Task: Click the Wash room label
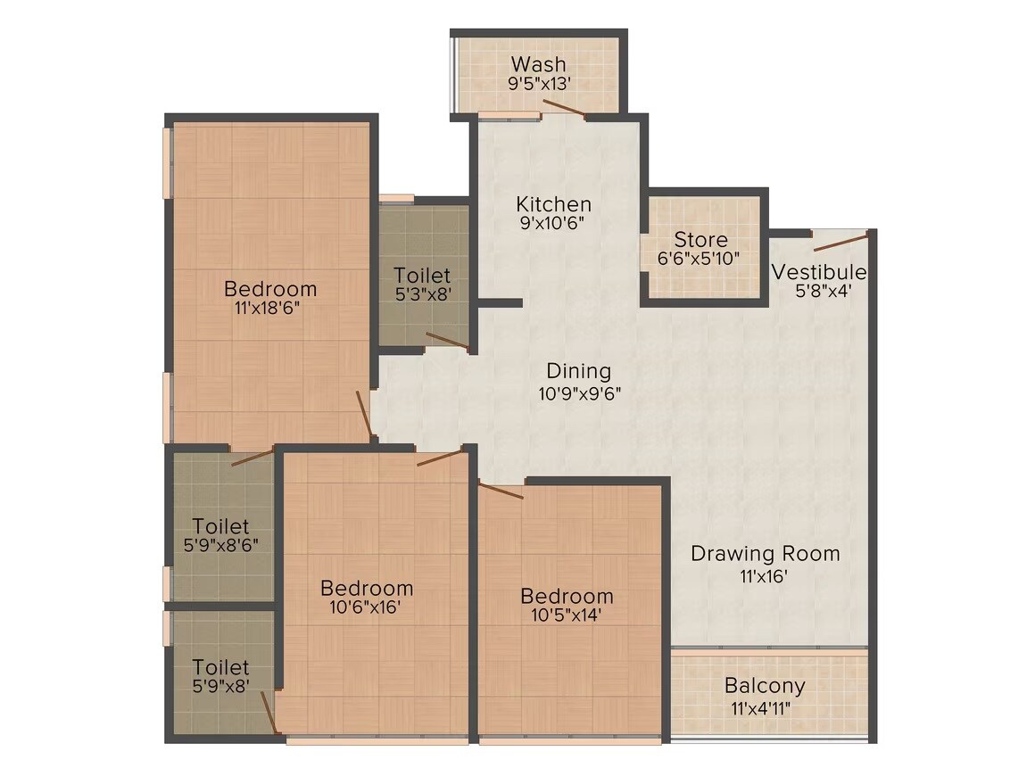coord(538,64)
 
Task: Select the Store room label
coord(700,239)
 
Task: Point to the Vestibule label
coord(818,271)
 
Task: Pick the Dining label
coord(578,370)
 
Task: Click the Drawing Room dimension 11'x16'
coord(765,576)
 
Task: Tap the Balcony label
coord(764,686)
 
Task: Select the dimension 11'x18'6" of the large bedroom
coord(270,308)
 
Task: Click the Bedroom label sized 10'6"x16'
coord(367,588)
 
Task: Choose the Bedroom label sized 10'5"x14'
coord(567,596)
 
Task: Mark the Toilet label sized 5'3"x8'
coord(422,275)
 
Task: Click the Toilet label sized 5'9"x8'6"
coord(220,526)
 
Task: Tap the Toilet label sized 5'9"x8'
coord(220,666)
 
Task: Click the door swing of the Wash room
coord(564,109)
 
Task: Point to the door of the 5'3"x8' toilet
coord(448,340)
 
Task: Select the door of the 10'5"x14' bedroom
coord(501,490)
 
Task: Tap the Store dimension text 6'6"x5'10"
coord(700,259)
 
